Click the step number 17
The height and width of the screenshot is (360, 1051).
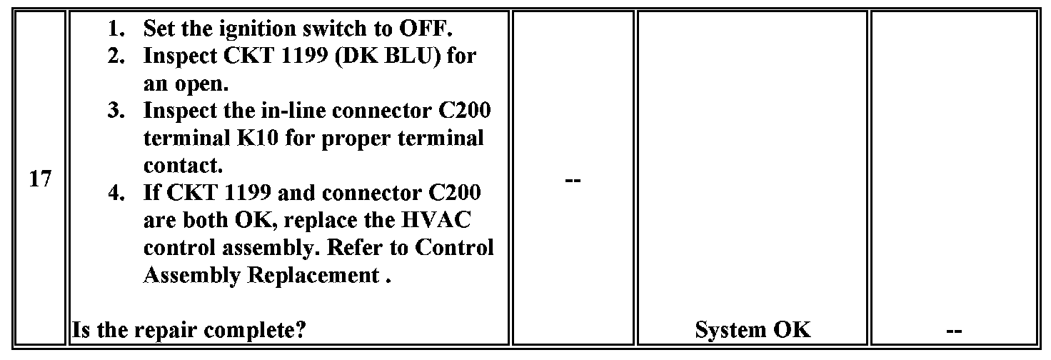point(40,179)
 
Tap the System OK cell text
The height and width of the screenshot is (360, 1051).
point(753,329)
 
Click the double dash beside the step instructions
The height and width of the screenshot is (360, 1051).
point(573,180)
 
